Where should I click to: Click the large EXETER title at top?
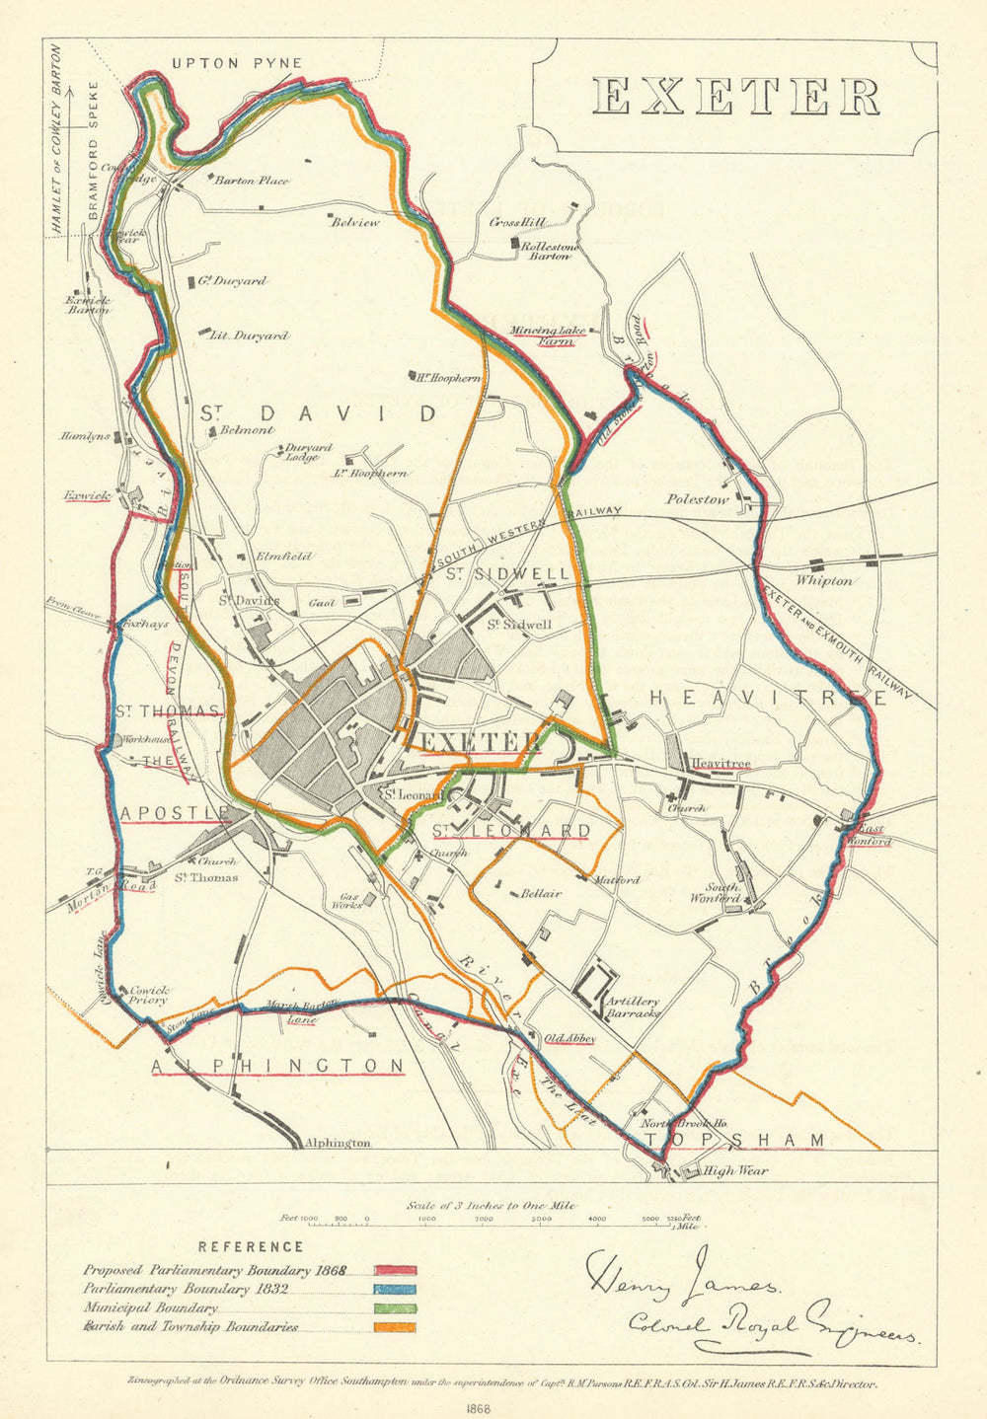click(736, 97)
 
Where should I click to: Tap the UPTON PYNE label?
click(237, 63)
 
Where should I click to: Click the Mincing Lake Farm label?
click(548, 336)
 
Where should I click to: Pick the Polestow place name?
click(696, 499)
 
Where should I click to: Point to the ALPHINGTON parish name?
click(277, 1066)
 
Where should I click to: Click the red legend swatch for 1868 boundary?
click(395, 1271)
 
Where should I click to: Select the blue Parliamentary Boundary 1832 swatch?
click(395, 1290)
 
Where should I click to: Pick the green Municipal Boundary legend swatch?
click(395, 1308)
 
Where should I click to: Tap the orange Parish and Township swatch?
click(395, 1327)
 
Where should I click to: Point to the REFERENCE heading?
click(251, 1247)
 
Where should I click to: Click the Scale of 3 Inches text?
click(491, 1206)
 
